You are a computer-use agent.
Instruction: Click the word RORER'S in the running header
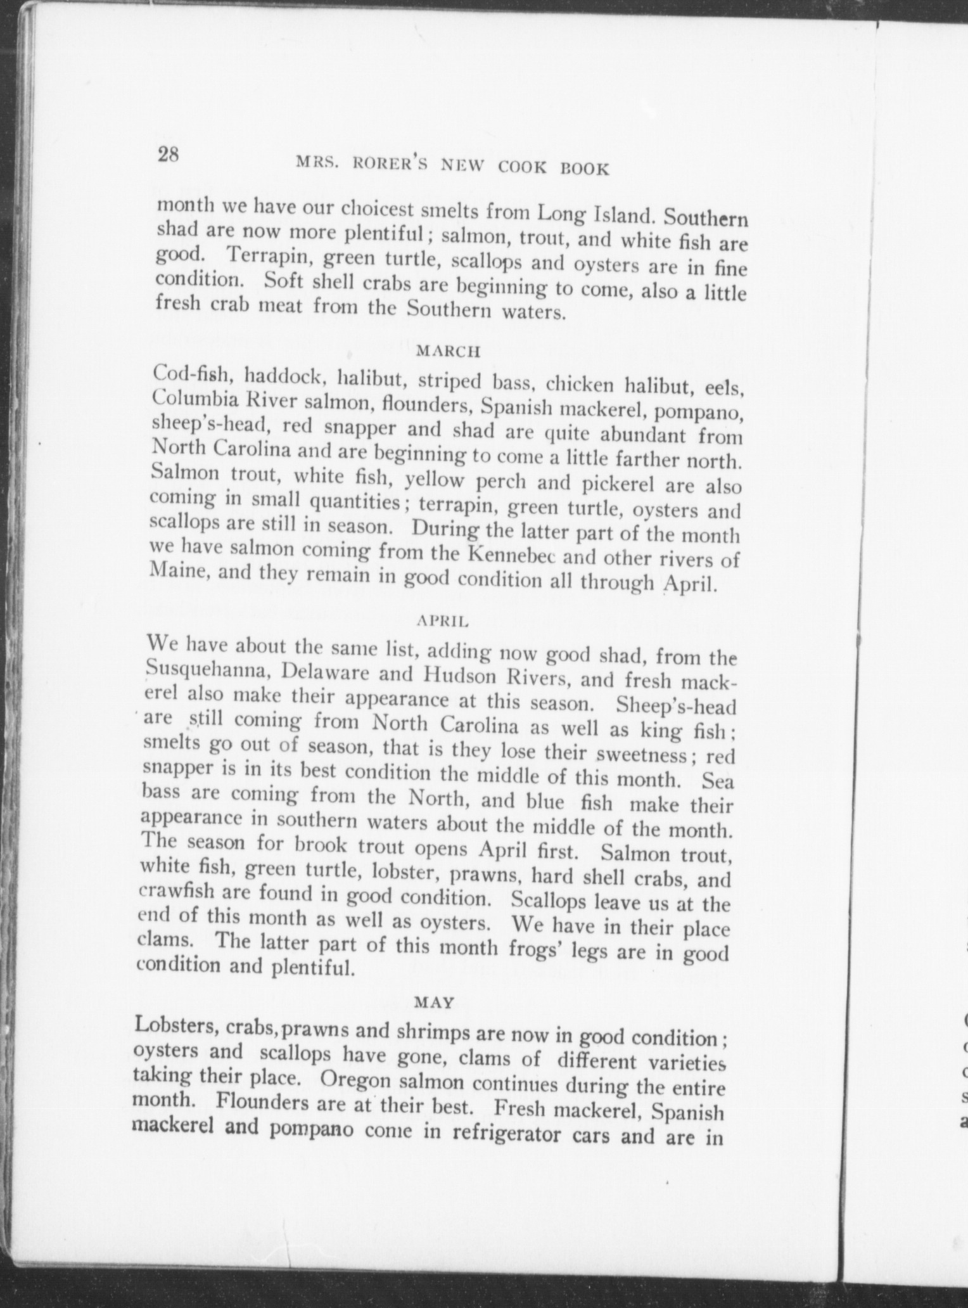pos(385,163)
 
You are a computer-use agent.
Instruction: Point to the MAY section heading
pos(434,1002)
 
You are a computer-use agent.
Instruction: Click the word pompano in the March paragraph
pos(699,412)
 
